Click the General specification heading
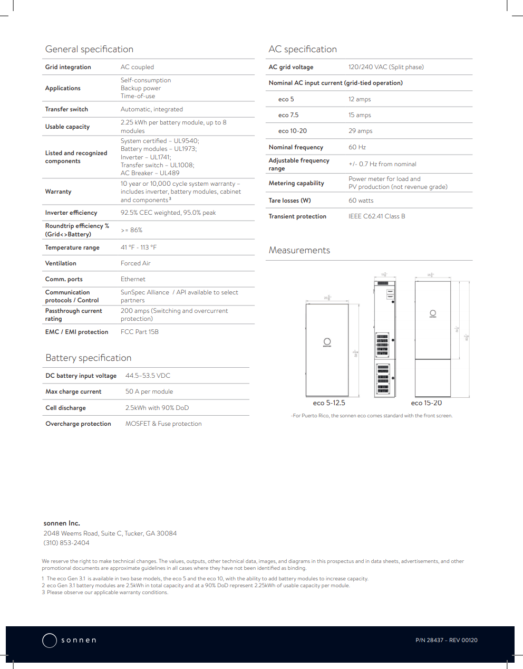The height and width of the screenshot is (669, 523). [x=89, y=49]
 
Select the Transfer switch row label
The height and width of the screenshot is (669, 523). [x=66, y=109]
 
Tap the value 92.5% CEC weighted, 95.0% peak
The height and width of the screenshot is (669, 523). [x=168, y=213]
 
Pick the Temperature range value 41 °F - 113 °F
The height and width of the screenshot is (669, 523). [x=139, y=247]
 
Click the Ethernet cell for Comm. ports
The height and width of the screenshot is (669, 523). [x=133, y=279]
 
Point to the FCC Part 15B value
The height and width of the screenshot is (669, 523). [x=140, y=332]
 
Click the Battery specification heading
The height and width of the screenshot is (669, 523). [x=89, y=358]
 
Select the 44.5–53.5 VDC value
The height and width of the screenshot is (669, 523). [x=148, y=376]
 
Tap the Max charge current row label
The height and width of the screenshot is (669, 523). [x=73, y=391]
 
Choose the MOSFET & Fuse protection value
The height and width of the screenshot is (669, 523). [x=163, y=424]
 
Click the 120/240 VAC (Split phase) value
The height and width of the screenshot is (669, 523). [x=386, y=67]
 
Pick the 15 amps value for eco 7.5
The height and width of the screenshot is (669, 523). [x=360, y=115]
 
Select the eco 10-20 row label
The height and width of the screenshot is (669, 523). [x=293, y=131]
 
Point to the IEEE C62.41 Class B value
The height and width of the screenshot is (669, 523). [x=377, y=216]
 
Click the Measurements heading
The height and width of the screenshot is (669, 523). [x=299, y=250]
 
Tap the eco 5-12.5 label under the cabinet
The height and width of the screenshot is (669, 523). [x=329, y=403]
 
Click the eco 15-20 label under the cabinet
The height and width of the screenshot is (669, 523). [x=427, y=403]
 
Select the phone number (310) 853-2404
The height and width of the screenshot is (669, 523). [x=66, y=543]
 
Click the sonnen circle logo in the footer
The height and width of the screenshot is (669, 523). [x=50, y=640]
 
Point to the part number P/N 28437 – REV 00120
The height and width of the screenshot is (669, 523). [x=447, y=640]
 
